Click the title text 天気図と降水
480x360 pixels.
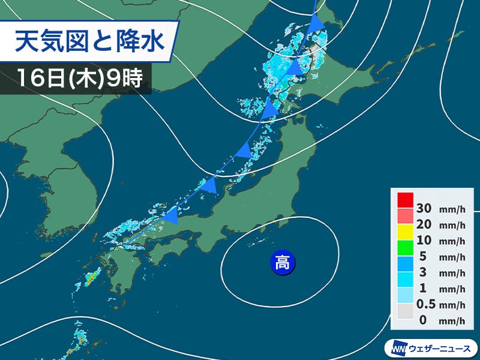88,44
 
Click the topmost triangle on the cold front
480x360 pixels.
317,23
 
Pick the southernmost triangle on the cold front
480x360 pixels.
171,215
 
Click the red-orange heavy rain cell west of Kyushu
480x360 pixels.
91,278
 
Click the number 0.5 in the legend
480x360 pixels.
427,305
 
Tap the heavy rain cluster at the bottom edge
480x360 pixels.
79,345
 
